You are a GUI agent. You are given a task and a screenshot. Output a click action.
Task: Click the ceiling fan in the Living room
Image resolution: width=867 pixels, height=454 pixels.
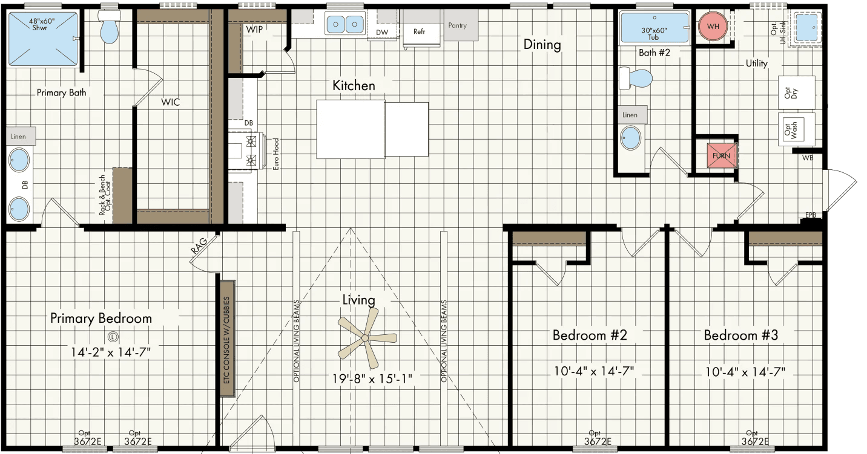365,338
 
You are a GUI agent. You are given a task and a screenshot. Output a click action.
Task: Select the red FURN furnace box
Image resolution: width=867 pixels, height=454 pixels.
722,155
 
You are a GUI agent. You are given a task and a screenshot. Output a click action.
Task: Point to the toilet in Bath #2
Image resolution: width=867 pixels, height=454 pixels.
637,79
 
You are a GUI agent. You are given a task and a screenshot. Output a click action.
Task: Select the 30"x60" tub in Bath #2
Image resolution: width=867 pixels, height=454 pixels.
654,28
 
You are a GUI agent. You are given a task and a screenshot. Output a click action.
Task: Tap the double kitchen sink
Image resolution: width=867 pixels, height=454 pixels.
344,25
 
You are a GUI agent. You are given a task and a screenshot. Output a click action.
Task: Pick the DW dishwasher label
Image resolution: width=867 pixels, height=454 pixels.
382,32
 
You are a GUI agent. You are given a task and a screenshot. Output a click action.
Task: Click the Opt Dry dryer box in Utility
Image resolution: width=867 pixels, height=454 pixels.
796,92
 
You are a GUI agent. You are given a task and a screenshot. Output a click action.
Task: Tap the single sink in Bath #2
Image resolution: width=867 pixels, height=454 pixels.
630,138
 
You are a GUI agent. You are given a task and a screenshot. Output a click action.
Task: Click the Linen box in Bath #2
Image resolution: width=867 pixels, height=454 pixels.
630,115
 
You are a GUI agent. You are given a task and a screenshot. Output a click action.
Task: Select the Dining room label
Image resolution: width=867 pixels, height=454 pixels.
542,45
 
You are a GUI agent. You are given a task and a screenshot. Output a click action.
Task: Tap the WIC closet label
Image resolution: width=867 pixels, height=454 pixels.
170,102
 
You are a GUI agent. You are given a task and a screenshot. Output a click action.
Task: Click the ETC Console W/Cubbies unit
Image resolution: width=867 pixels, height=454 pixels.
228,339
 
